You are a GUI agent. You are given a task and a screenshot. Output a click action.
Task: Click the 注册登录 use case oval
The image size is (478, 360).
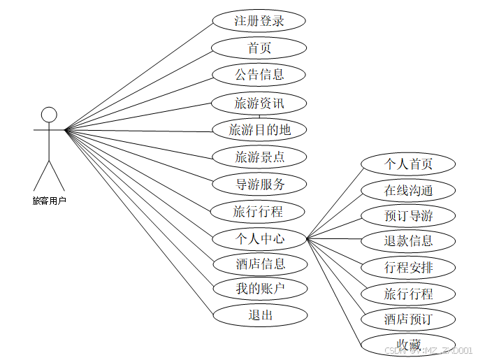point(259,21)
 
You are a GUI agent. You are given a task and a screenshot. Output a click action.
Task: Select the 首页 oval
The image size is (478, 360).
point(259,48)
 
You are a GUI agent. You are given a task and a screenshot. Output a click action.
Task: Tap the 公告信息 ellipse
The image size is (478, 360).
point(259,75)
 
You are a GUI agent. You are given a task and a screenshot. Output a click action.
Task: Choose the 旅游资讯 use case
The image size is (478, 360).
point(259,103)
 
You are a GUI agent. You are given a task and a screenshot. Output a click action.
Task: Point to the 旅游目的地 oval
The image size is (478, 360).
point(259,129)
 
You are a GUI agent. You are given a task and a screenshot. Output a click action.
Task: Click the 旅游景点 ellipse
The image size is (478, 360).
point(259,157)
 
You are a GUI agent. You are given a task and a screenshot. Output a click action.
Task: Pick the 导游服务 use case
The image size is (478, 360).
point(259,185)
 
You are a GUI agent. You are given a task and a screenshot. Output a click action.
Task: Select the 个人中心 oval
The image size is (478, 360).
point(259,238)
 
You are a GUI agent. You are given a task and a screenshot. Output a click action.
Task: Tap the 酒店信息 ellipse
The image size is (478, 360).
point(259,264)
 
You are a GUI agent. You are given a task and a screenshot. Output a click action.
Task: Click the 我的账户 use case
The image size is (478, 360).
point(259,288)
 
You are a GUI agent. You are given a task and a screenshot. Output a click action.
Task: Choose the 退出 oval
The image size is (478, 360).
point(259,315)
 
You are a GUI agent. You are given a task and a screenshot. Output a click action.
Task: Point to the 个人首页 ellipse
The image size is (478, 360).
point(409,164)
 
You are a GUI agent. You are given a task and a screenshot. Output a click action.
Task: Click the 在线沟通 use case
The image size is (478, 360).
point(409,190)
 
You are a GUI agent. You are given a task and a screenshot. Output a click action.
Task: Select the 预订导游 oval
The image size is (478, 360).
point(409,215)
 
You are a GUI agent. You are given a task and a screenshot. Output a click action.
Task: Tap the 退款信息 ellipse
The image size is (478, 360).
point(409,241)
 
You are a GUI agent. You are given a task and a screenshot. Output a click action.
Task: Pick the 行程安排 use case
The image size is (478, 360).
point(409,267)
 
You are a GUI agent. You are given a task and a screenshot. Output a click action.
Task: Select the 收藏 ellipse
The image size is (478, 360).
point(409,344)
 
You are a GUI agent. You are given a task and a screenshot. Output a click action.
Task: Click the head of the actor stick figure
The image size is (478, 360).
point(48,115)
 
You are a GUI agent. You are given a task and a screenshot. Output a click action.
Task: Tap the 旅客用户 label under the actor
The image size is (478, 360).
point(49,201)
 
